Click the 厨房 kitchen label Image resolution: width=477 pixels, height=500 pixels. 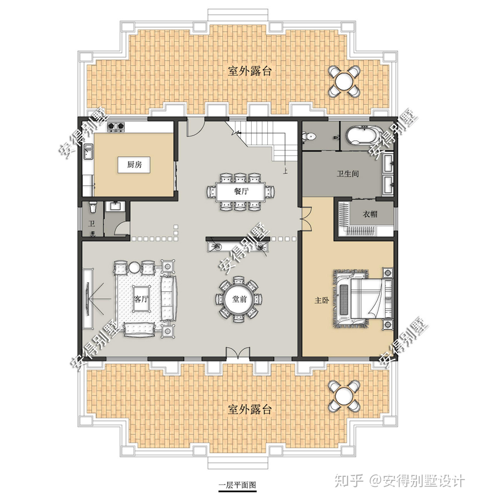pyautogui.click(x=134, y=165)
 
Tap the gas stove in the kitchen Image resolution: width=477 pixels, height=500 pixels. pyautogui.click(x=116, y=127)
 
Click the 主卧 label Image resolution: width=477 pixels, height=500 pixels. pyautogui.click(x=322, y=300)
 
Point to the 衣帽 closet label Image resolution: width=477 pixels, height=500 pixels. pyautogui.click(x=370, y=214)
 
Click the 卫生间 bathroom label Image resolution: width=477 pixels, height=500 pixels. pyautogui.click(x=348, y=174)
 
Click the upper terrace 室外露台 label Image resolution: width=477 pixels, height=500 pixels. pyautogui.click(x=249, y=71)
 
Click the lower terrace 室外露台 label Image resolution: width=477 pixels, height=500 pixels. pyautogui.click(x=249, y=409)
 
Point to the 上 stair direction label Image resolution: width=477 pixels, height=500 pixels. pyautogui.click(x=285, y=171)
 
